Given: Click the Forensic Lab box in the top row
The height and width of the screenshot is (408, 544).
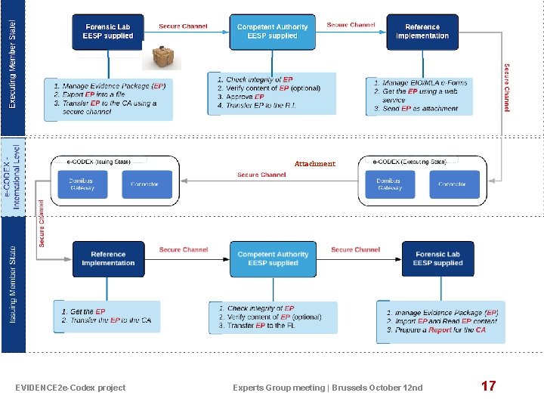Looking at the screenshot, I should (108, 32).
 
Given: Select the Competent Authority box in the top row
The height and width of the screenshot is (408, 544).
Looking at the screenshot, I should (272, 32).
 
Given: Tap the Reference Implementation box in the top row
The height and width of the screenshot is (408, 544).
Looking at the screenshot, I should (422, 32).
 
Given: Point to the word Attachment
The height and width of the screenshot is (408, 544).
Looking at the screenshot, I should (314, 164).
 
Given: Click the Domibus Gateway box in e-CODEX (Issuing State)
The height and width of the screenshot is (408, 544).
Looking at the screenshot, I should (82, 184).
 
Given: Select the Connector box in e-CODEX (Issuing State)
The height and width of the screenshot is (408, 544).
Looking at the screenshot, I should (147, 184).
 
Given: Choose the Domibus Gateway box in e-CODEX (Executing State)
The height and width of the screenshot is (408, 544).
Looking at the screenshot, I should (390, 184).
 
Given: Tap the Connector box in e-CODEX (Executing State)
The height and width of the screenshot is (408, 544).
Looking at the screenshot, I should (455, 184).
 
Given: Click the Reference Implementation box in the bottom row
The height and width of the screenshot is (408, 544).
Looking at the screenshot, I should (108, 259).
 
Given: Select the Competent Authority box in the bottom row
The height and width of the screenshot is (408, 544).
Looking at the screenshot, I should (273, 259).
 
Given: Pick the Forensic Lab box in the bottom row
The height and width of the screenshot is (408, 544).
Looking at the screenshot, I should (437, 259).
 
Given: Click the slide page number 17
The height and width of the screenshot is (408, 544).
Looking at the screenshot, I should (488, 386).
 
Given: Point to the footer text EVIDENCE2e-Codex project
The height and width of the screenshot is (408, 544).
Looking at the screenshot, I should (70, 388).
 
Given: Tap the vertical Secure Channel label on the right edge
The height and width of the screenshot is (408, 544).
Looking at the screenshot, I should (506, 88).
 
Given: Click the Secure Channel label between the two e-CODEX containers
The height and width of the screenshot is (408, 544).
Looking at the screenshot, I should (261, 175).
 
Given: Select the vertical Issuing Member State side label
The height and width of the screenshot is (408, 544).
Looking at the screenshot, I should (13, 284).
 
